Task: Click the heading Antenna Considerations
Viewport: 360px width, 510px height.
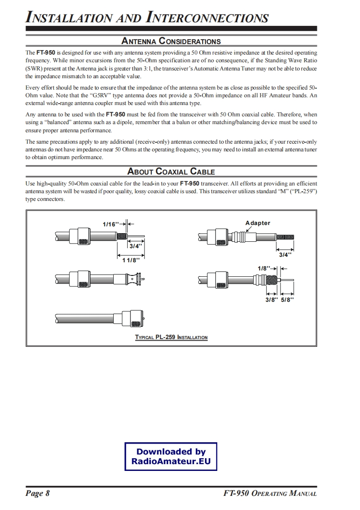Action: (x=171, y=41)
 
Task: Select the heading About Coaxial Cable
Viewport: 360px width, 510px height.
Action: (x=171, y=171)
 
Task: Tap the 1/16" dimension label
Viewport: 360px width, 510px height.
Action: (x=111, y=224)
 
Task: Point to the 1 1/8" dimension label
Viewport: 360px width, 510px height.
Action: (x=131, y=260)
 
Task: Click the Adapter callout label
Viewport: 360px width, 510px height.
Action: (x=258, y=223)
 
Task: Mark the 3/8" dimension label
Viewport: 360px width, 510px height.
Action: (x=271, y=300)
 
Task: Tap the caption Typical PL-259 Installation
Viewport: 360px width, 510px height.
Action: (x=171, y=337)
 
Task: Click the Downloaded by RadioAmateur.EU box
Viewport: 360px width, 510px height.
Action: (x=171, y=457)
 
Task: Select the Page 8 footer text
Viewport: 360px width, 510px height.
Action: (x=38, y=494)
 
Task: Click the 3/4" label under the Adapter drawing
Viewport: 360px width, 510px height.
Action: (x=284, y=255)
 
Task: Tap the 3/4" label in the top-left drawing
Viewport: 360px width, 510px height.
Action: (x=135, y=246)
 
